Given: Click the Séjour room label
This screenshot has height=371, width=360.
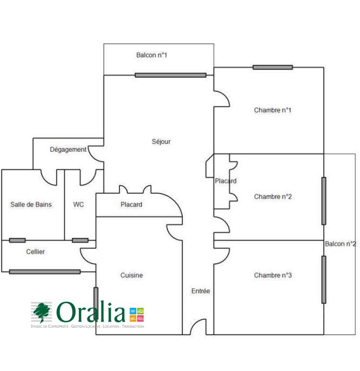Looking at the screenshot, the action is tap(161, 141).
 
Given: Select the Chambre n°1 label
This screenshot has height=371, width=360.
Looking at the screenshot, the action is tap(273, 110).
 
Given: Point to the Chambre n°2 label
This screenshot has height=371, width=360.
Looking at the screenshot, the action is tap(273, 197).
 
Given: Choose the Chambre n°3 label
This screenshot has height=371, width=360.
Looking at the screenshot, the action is tap(273, 275).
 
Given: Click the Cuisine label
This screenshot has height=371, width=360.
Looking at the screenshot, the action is tap(132, 275).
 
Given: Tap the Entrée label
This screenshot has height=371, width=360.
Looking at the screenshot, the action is tap(201, 291).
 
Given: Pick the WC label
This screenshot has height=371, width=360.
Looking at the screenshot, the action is tap(79, 205).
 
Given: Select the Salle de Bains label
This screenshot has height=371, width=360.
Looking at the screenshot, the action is tap(31, 205).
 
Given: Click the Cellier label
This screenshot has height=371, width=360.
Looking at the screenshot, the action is tap(36, 252).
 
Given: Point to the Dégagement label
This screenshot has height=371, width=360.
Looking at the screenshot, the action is tap(68, 150).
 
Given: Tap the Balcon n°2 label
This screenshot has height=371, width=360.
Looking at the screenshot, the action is tap(340, 244).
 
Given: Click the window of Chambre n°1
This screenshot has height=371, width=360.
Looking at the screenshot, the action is tap(273, 68).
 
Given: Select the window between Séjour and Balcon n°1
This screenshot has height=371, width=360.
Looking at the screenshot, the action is tap(170, 75).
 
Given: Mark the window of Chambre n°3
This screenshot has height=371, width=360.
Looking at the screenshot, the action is tap(324, 279).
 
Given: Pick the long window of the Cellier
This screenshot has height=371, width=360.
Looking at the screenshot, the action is tap(45, 272).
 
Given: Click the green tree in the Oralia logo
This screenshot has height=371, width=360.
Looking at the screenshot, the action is tap(42, 312).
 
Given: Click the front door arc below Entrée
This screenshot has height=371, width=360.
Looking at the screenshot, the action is tap(198, 327).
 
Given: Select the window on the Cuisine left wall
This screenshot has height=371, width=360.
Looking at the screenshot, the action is tap(96, 304).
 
